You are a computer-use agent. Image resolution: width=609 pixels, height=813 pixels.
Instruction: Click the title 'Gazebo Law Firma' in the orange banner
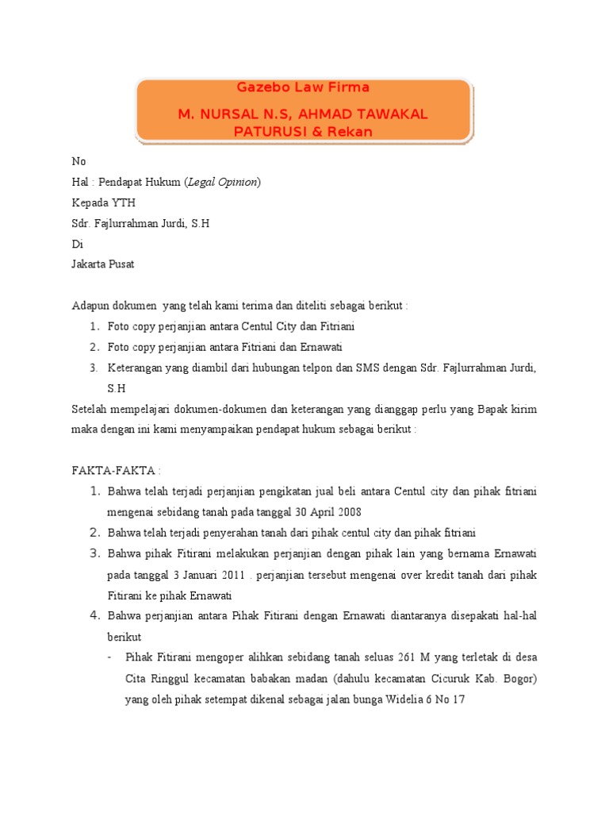point(304,87)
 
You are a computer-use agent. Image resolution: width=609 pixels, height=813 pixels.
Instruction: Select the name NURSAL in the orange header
point(229,114)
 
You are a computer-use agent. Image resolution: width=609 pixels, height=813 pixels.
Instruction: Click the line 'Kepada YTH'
point(104,202)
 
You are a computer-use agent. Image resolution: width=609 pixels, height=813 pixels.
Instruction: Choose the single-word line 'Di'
point(77,245)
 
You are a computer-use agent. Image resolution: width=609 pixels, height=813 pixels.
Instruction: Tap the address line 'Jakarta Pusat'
point(103,265)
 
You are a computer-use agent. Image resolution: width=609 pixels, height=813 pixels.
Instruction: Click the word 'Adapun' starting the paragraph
point(90,306)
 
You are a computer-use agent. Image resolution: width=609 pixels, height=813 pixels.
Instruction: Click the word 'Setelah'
point(90,409)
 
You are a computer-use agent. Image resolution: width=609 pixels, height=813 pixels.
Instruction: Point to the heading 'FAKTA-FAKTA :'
point(116,471)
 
